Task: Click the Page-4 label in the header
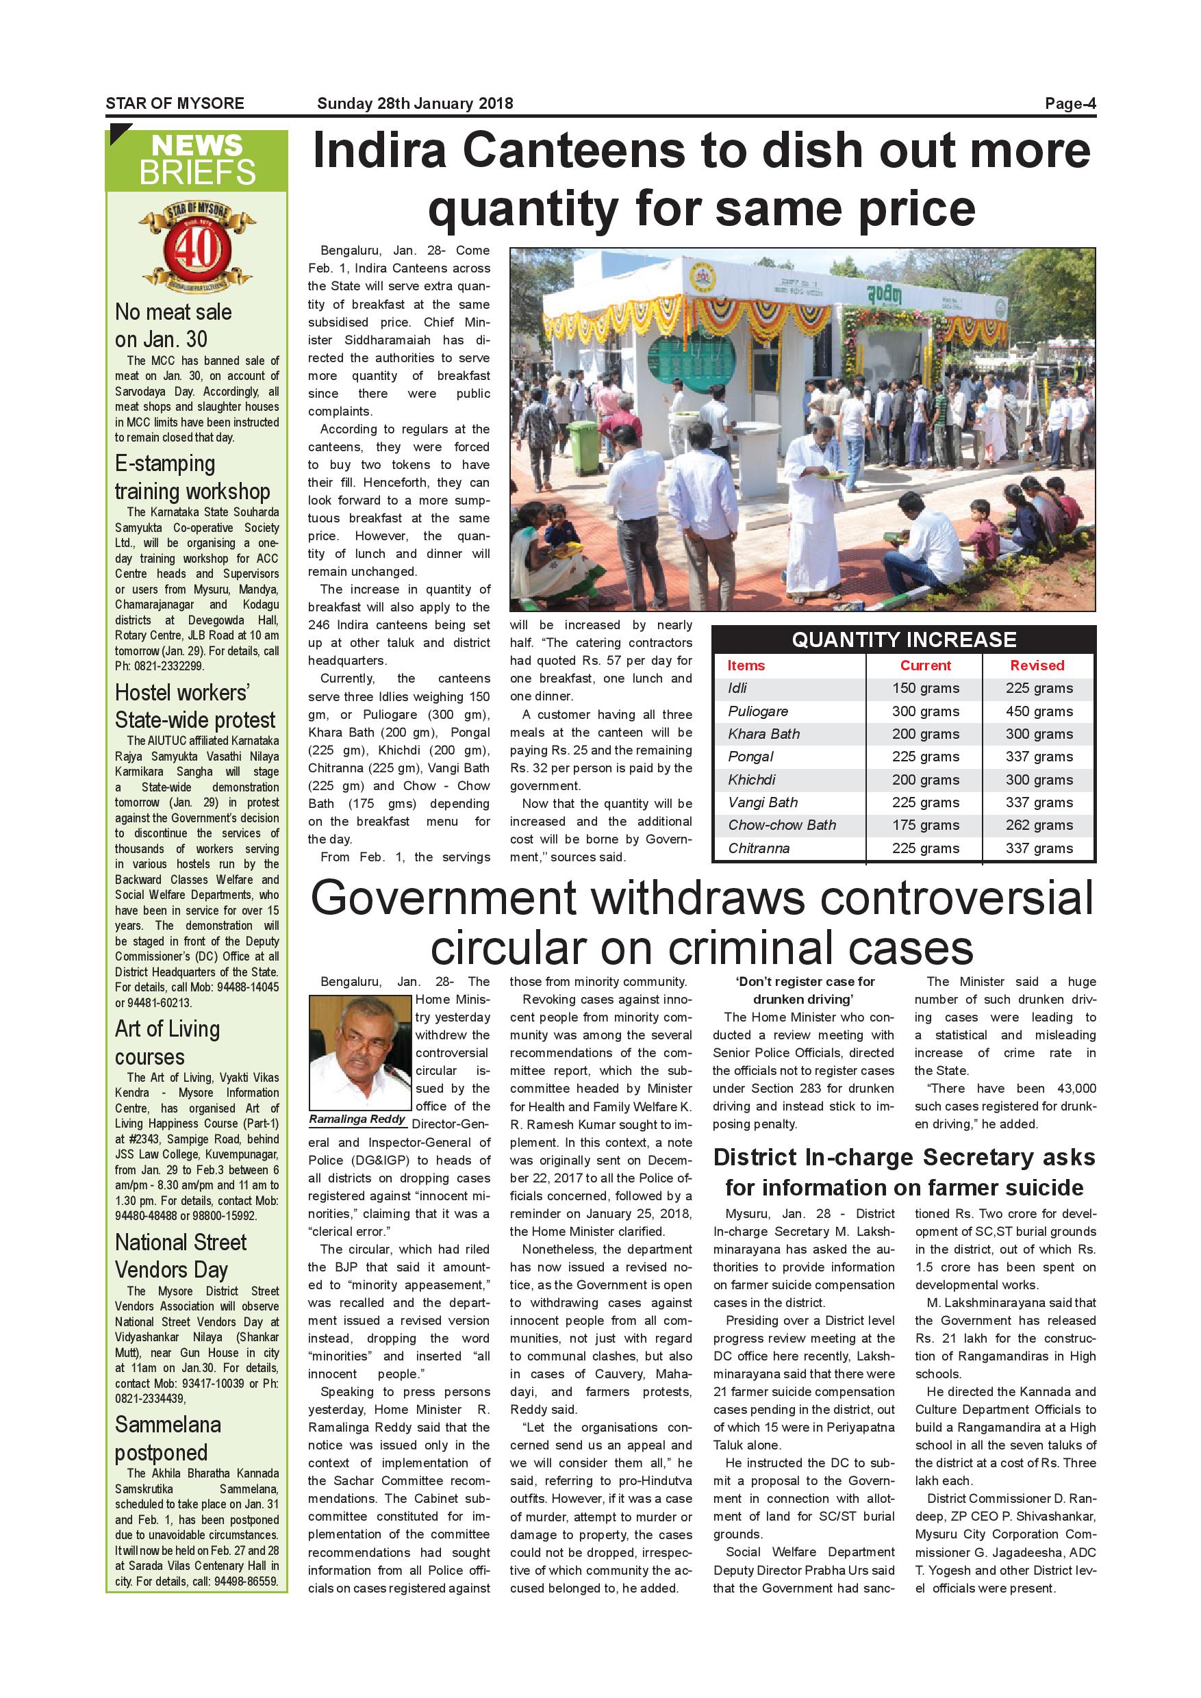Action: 1070,103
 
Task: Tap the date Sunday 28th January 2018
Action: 415,103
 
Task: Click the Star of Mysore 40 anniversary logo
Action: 197,247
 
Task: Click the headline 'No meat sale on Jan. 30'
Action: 173,325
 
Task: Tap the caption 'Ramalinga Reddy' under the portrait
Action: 358,1119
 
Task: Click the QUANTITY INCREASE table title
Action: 904,639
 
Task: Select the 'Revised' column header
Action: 1037,666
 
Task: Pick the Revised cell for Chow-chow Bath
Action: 1038,825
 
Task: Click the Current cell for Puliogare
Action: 925,711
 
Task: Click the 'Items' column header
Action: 746,666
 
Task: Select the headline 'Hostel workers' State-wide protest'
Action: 194,707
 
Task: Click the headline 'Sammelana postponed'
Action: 167,1439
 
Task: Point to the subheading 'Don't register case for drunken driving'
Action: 805,990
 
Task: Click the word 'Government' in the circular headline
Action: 444,898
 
